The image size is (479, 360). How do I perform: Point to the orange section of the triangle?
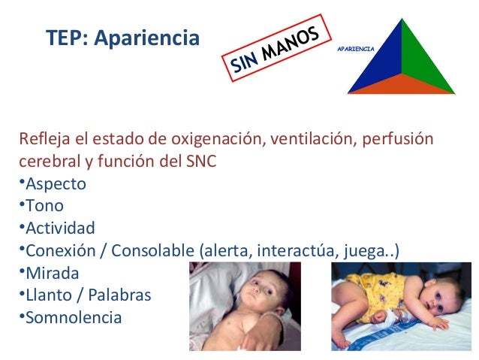pos(402,84)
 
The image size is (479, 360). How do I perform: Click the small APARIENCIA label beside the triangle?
pos(356,47)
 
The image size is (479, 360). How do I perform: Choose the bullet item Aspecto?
pos(56,183)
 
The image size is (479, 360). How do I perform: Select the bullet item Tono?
pos(44,205)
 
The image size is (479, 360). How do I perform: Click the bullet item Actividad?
pos(60,228)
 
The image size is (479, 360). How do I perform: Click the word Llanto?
pos(49,295)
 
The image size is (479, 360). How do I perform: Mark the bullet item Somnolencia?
pos(73,317)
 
